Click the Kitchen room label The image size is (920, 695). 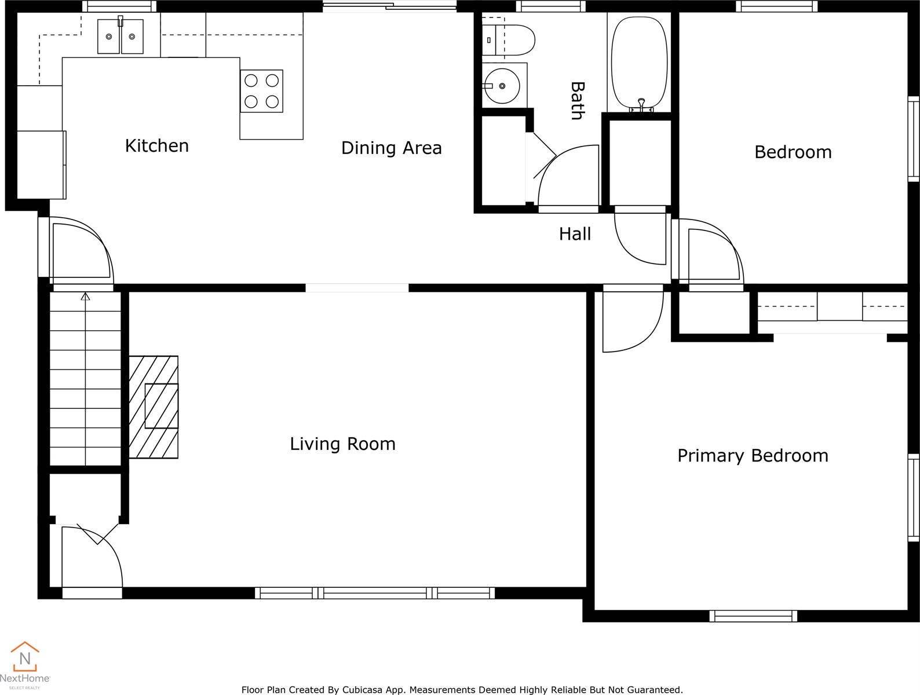[156, 145]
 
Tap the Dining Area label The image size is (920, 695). [391, 148]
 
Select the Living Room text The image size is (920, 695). [342, 444]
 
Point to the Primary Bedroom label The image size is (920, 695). [752, 456]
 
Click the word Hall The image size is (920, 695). [575, 234]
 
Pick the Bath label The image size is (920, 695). [576, 101]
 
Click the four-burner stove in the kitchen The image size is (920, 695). [262, 91]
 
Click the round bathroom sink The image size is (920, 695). [502, 86]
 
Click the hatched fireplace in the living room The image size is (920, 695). [154, 407]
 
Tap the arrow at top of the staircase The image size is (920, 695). [86, 297]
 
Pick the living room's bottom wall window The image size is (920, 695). [375, 592]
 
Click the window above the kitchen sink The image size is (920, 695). [119, 6]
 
